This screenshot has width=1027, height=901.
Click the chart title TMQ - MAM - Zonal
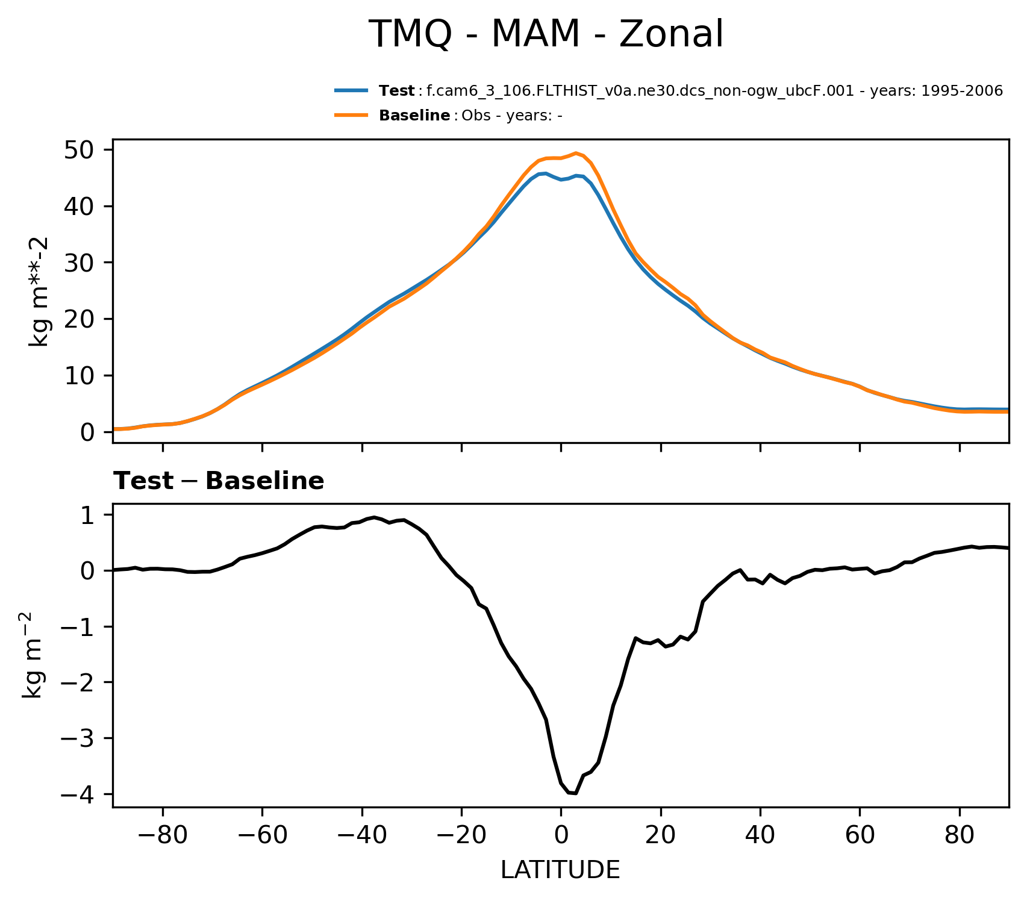(x=545, y=34)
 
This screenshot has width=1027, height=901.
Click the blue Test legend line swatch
(x=351, y=91)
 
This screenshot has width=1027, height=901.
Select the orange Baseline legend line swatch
(x=351, y=116)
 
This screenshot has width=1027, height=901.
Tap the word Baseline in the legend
(x=414, y=116)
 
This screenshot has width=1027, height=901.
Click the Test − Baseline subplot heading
(x=219, y=481)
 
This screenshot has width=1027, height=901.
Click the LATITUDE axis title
(x=560, y=870)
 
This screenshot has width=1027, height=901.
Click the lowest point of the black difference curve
(x=575, y=793)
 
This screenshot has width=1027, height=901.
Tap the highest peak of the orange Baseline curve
(x=576, y=153)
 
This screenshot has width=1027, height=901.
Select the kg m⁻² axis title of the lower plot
(x=34, y=655)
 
